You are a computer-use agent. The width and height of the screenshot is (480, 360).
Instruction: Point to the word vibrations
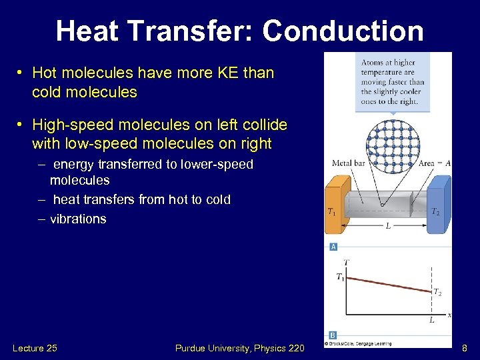78,219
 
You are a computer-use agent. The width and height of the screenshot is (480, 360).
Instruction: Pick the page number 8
464,347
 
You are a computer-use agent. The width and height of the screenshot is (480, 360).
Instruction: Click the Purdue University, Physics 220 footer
239,347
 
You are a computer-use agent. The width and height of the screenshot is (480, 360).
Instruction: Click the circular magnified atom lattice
393,147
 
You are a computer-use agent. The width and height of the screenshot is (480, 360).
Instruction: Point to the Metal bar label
347,163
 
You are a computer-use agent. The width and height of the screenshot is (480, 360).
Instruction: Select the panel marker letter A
333,247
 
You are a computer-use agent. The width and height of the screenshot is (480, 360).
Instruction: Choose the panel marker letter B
333,335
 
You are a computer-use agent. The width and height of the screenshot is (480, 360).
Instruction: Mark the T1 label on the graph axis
340,277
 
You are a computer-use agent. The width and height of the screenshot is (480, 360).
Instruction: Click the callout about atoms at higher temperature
393,82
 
